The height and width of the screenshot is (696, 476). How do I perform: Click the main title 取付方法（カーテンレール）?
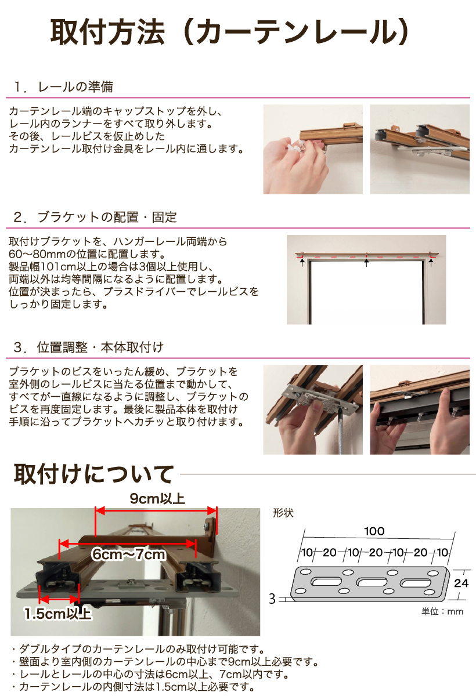(x=229, y=32)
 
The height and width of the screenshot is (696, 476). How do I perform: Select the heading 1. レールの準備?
(x=63, y=86)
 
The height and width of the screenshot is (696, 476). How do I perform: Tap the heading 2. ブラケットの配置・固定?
(x=95, y=217)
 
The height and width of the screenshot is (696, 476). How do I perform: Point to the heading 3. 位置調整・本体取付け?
(x=89, y=347)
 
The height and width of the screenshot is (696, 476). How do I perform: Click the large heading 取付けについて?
(x=93, y=474)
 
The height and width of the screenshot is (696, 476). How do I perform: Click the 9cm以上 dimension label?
(x=157, y=499)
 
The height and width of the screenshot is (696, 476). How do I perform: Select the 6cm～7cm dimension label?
(x=129, y=554)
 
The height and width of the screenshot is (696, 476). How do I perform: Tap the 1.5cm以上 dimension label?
(x=58, y=614)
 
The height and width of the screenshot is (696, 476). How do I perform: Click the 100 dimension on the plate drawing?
(x=374, y=531)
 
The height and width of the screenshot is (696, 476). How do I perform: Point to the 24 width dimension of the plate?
(x=461, y=583)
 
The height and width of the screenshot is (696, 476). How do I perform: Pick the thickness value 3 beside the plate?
(x=272, y=599)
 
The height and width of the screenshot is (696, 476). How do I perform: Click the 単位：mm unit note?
(x=442, y=611)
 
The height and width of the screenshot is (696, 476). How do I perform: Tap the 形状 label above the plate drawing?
(x=283, y=513)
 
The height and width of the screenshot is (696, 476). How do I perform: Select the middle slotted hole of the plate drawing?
(x=372, y=582)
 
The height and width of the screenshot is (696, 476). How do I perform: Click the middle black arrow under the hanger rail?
(x=366, y=263)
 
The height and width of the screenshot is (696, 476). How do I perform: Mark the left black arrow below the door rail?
(x=302, y=263)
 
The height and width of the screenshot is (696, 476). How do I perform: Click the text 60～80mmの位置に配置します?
(x=87, y=254)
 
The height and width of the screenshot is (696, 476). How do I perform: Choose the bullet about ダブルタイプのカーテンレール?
(x=138, y=650)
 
